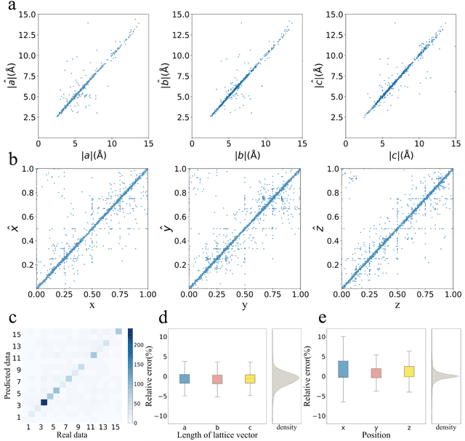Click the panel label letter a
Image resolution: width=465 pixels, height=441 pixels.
point(6,6)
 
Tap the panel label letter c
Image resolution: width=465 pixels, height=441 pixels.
point(6,319)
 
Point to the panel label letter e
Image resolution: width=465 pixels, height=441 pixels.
point(317,319)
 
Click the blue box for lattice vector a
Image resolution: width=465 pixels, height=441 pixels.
point(185,378)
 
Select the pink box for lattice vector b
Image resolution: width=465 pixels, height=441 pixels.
point(208,379)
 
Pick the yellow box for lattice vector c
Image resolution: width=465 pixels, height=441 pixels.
point(230,378)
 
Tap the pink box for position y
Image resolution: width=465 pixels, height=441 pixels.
point(365,373)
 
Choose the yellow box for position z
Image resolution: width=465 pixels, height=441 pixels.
point(388,371)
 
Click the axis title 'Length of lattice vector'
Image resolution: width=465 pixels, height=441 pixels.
point(208,435)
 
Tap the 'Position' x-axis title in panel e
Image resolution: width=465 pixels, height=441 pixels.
point(365,435)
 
